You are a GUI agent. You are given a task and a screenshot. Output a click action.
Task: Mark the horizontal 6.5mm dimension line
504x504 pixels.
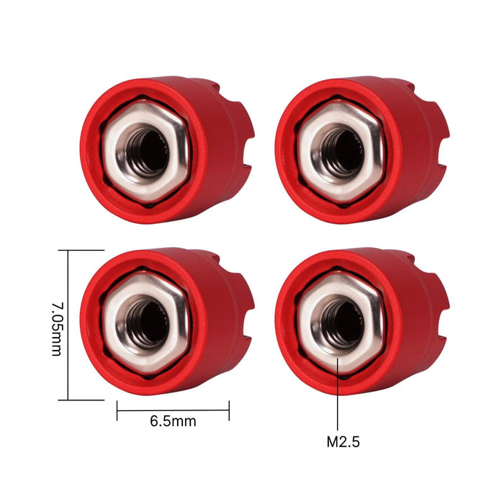click(x=173, y=411)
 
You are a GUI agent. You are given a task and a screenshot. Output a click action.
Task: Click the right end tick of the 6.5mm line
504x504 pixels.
click(x=229, y=411)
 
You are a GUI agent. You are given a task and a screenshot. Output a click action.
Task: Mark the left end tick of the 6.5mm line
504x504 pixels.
click(x=117, y=411)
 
